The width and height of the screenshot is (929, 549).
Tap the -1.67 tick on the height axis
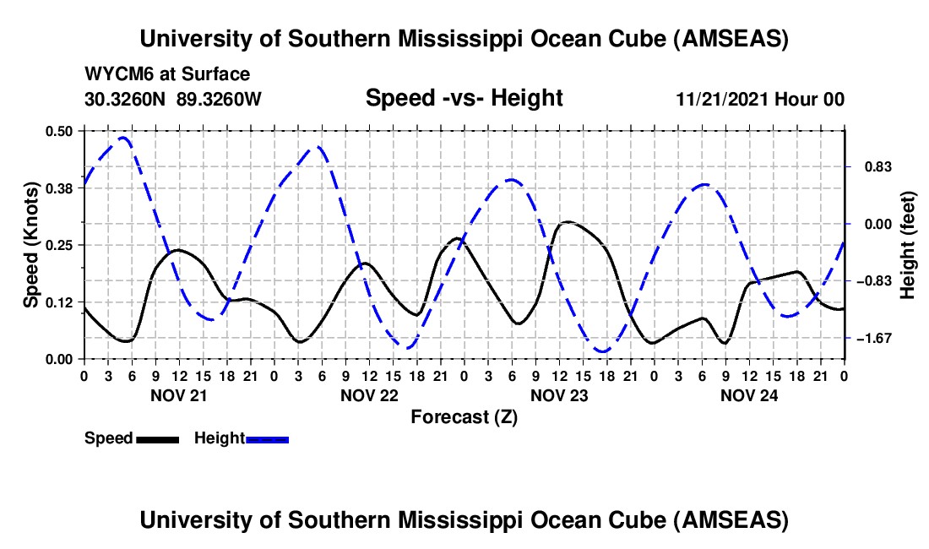(872, 338)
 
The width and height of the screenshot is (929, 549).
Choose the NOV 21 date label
(178, 394)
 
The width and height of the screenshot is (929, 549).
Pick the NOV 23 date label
(558, 394)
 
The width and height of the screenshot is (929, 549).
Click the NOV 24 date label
(748, 394)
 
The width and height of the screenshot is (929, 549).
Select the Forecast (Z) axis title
(464, 416)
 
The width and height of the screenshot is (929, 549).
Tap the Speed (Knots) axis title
(30, 245)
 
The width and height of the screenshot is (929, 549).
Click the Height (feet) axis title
(908, 245)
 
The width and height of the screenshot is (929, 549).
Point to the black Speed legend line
(156, 438)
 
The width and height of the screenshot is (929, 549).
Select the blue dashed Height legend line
(267, 438)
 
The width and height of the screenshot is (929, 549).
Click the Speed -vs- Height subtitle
(464, 98)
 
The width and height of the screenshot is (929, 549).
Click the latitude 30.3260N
(126, 99)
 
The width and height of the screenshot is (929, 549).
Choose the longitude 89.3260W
(220, 99)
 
